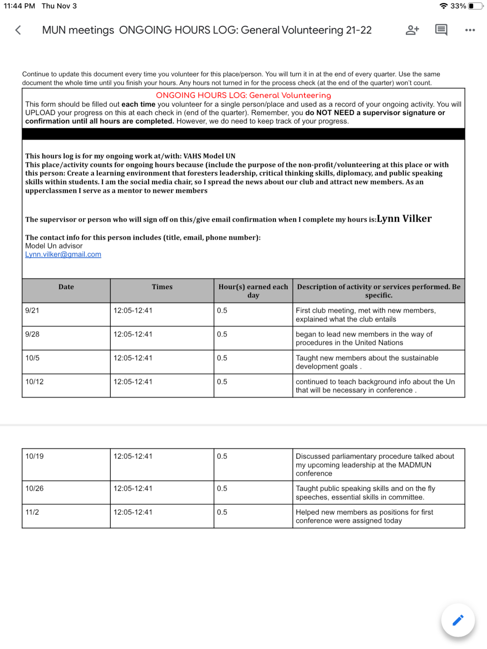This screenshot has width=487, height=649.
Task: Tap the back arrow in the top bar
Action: (x=18, y=30)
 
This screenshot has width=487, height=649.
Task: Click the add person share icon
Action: (x=412, y=30)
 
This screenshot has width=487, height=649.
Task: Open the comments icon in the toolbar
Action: (x=441, y=30)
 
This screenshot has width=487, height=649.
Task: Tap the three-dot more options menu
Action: (x=470, y=30)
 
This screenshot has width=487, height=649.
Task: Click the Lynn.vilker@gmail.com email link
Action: (x=63, y=255)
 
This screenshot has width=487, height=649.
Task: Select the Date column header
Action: (x=66, y=287)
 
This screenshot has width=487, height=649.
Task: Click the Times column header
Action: (x=162, y=287)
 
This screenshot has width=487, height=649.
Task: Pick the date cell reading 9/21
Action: (x=32, y=310)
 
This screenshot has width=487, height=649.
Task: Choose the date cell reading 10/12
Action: (x=34, y=382)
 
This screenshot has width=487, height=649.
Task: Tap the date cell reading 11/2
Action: (x=32, y=512)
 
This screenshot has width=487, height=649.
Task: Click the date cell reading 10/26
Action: (x=34, y=488)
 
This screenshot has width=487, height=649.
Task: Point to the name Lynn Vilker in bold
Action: (x=404, y=219)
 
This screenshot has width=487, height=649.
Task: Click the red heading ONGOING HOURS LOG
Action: (x=243, y=95)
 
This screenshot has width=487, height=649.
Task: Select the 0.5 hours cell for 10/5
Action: (x=222, y=358)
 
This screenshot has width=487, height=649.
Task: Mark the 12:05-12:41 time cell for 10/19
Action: (x=133, y=456)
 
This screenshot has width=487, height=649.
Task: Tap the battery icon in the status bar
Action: (x=475, y=6)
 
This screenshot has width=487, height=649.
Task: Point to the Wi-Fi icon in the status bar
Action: (x=443, y=6)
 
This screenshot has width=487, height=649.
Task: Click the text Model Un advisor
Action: (x=54, y=246)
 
